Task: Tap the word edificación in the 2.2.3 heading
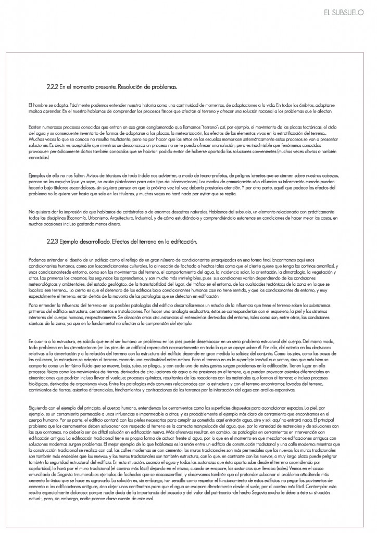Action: (x=182, y=242)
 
